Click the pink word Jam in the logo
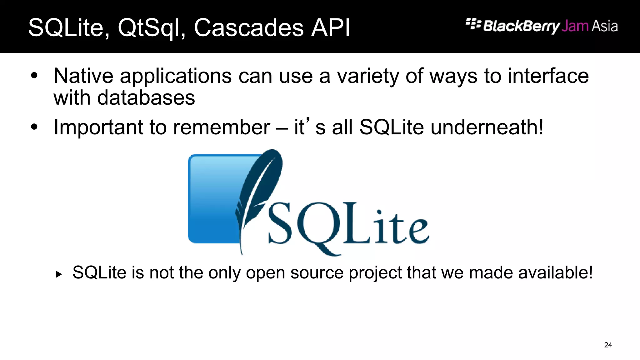[575, 26]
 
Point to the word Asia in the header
[605, 26]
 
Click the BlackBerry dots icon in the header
[473, 24]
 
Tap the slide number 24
[608, 345]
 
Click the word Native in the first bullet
[83, 76]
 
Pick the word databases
[146, 98]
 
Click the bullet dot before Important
[34, 127]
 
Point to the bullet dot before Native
[34, 76]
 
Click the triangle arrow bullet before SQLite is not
[58, 275]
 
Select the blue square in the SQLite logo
[212, 200]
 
